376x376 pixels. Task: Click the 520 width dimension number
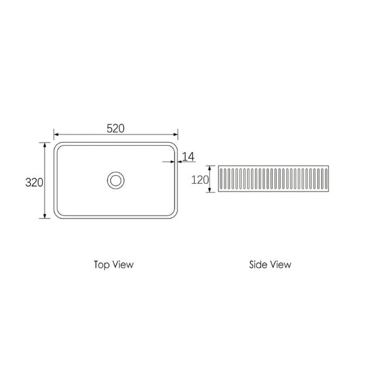click(x=115, y=129)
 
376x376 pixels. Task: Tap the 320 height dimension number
click(x=34, y=182)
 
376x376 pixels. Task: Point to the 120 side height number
click(x=200, y=180)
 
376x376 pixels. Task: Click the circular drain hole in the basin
click(x=116, y=180)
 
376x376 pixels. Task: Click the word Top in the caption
click(x=101, y=264)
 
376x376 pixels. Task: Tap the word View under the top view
click(x=123, y=264)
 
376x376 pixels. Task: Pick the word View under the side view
click(x=280, y=264)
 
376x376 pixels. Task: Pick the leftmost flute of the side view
click(x=222, y=180)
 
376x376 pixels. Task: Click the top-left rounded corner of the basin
click(x=58, y=145)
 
